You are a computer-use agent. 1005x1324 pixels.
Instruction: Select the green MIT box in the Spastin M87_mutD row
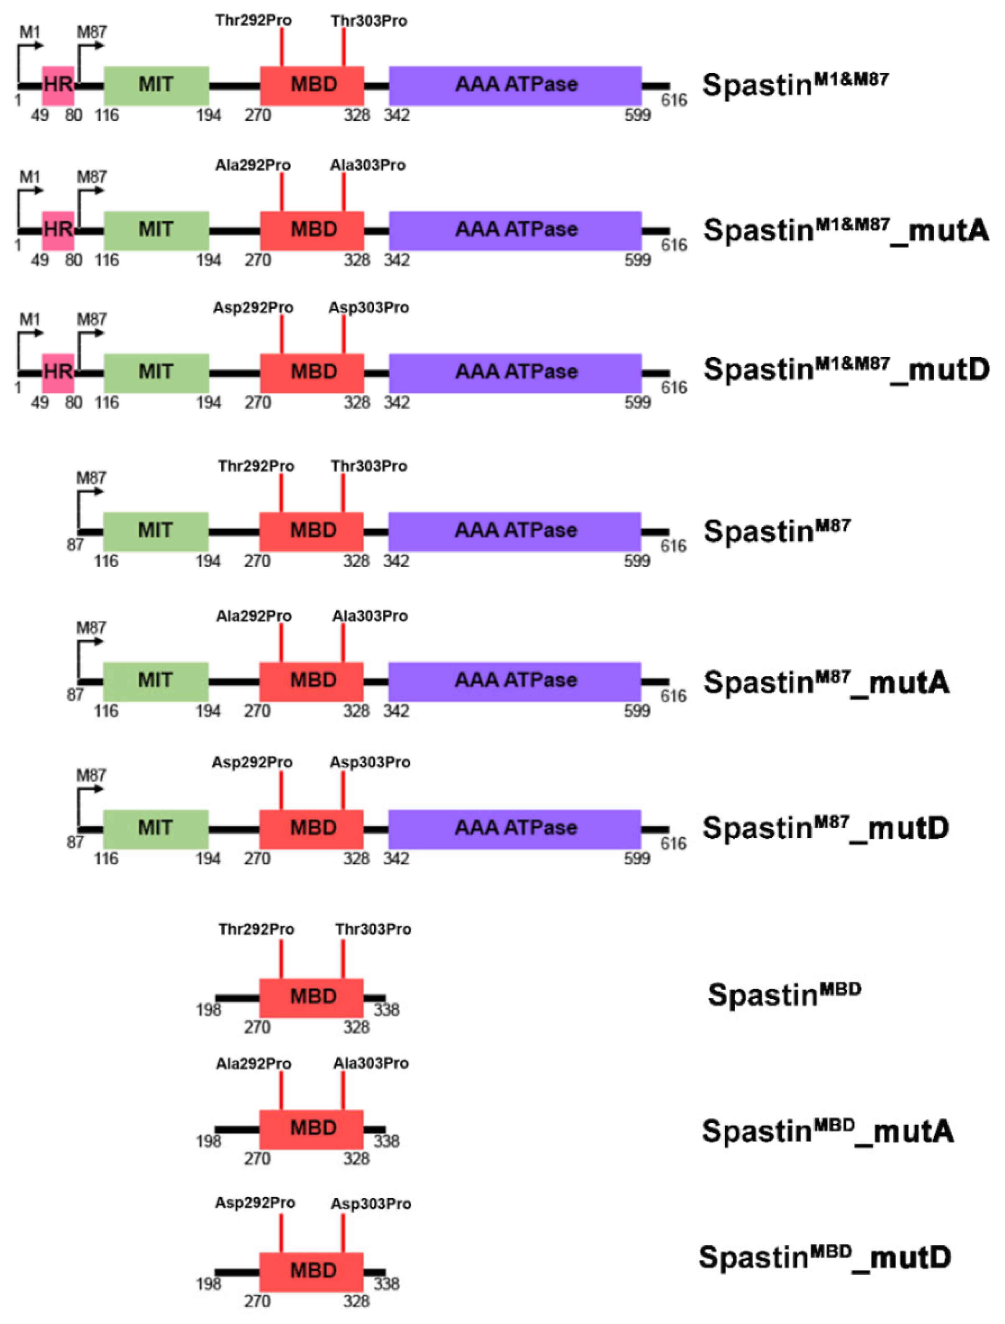point(156,829)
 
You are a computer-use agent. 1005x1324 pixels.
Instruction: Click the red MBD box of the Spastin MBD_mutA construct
point(311,1129)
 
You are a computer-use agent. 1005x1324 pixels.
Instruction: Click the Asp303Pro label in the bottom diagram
point(371,1204)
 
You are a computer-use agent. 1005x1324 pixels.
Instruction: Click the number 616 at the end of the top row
point(673,100)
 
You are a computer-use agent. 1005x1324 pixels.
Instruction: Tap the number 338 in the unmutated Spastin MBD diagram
point(387,1010)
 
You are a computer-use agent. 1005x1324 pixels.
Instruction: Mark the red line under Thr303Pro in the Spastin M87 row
point(343,493)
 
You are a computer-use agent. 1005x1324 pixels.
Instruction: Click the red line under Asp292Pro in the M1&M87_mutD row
point(282,334)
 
